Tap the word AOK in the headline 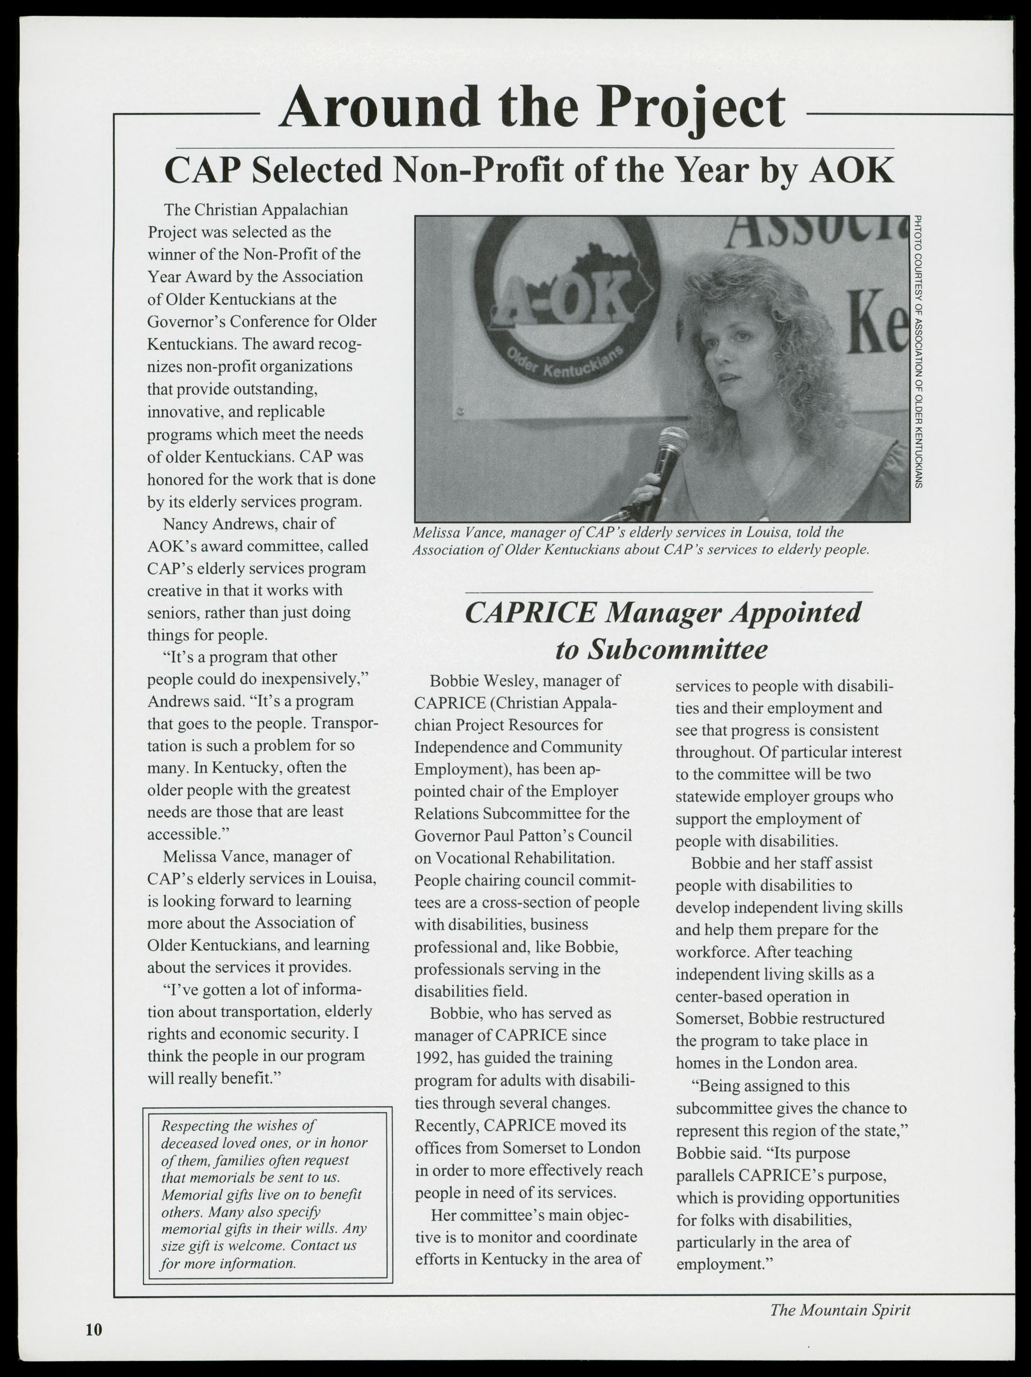coord(851,170)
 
